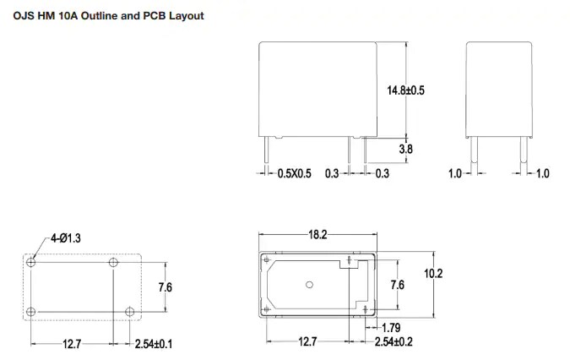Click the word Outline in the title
(x=94, y=15)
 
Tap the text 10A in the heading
(x=61, y=15)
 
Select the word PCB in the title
(x=145, y=15)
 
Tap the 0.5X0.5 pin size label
(x=295, y=173)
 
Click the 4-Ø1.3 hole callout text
(x=64, y=238)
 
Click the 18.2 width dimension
(x=318, y=235)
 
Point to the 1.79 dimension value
(x=391, y=327)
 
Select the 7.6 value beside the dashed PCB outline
(x=166, y=287)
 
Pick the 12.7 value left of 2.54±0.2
(x=308, y=341)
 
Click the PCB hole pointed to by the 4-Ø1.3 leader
(x=31, y=262)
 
